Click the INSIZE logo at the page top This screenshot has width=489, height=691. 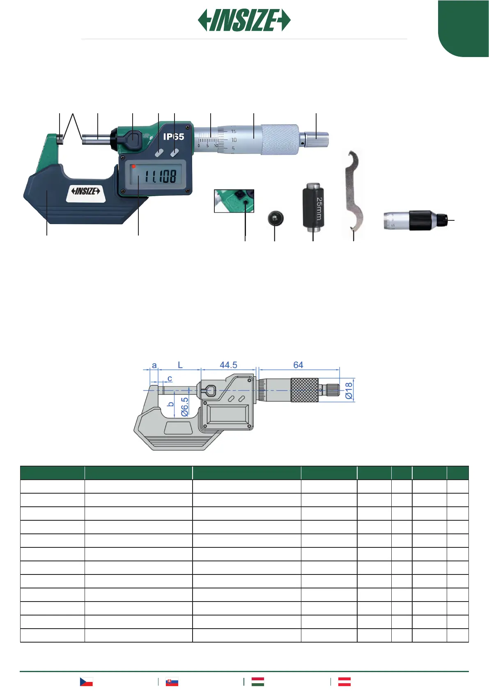pyautogui.click(x=244, y=20)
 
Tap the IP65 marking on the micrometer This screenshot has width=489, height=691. pyautogui.click(x=174, y=137)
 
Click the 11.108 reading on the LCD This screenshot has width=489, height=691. pyautogui.click(x=160, y=176)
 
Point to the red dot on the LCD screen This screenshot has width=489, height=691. pyautogui.click(x=133, y=167)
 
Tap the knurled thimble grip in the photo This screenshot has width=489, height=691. pyautogui.click(x=280, y=140)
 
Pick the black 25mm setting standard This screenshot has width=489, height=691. pyautogui.click(x=313, y=206)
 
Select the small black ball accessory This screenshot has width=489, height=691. pyautogui.click(x=275, y=218)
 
